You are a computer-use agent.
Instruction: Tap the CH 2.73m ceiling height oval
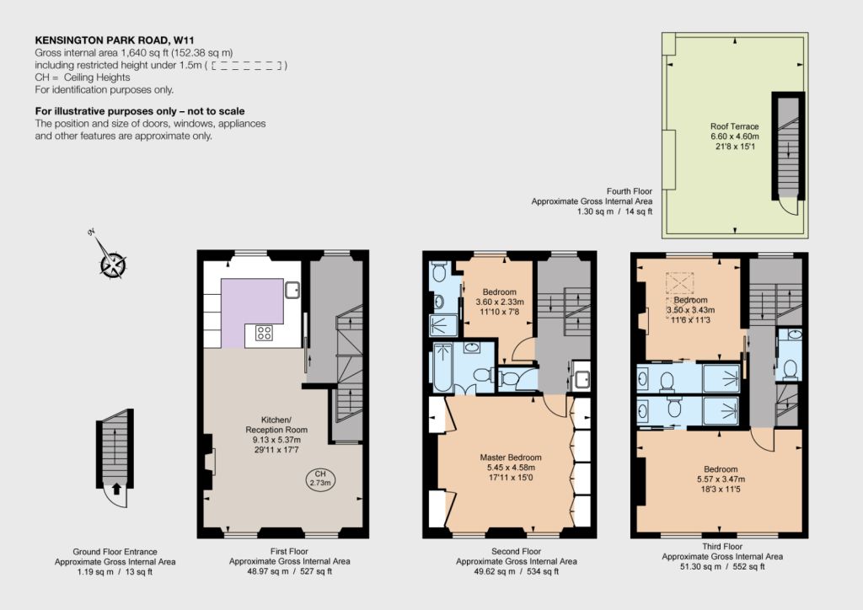click(320, 479)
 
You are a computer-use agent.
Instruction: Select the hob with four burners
click(264, 333)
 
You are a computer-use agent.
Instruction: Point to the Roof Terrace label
click(734, 126)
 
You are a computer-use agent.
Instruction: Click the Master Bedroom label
click(510, 457)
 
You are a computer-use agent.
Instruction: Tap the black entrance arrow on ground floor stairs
click(116, 489)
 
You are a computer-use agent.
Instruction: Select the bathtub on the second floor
click(442, 367)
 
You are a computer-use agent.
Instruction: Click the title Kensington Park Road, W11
click(115, 40)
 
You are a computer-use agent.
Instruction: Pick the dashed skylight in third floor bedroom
click(681, 284)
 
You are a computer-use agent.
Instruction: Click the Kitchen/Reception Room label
click(276, 425)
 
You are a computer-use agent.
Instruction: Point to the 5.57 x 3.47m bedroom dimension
click(721, 479)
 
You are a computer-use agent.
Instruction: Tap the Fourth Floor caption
click(629, 191)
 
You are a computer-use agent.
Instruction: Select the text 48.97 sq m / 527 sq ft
click(290, 571)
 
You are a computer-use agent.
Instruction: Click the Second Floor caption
click(517, 551)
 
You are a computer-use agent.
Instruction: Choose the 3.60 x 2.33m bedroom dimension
click(500, 302)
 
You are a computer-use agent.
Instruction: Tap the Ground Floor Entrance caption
click(115, 552)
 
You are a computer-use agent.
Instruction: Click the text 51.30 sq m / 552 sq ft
click(722, 566)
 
